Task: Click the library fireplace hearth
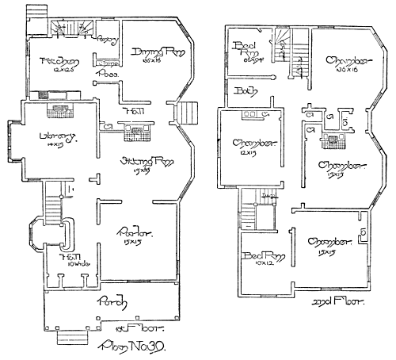pos(58,114)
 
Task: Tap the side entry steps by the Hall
pos(184,113)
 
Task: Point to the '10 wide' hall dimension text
pos(57,264)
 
